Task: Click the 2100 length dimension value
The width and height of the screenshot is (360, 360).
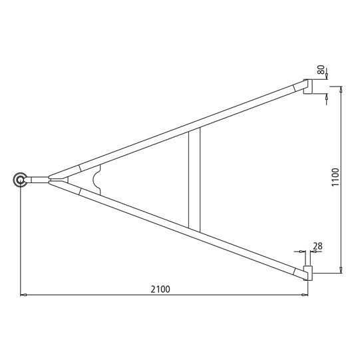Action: pos(161,288)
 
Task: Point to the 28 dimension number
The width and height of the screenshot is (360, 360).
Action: pos(317,246)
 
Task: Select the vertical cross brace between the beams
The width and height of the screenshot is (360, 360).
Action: pos(194,180)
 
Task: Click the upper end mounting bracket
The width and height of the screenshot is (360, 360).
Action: pos(308,86)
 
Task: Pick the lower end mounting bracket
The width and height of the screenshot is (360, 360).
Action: pos(308,273)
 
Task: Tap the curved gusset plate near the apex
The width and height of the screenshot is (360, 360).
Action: pos(98,180)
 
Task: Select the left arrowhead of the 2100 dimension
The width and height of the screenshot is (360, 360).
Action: pos(23,294)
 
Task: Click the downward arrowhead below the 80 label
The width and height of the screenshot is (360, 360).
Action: pos(326,77)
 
